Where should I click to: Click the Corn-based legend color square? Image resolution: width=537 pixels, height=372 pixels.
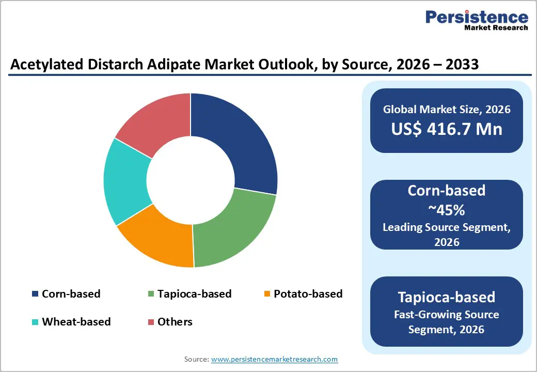point(35,294)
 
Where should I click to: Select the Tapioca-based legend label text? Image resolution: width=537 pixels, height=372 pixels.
point(194,294)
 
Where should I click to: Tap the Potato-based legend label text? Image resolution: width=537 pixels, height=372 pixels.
point(308,294)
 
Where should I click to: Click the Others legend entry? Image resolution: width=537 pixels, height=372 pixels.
point(175,321)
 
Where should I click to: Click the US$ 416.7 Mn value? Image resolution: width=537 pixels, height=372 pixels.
point(447,129)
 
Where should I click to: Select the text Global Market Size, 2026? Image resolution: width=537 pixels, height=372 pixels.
point(447,109)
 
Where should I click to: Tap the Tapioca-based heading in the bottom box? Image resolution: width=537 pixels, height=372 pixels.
point(447,297)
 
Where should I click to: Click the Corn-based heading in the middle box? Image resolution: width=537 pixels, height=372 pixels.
point(447,190)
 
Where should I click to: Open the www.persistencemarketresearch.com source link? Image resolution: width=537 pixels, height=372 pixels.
point(274,359)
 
